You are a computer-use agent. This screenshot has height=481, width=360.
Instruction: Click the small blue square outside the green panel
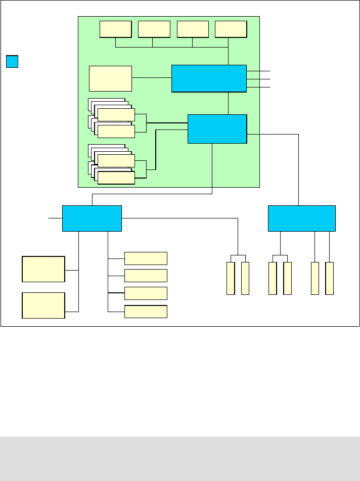12,62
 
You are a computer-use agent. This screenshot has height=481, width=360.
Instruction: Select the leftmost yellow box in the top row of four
115,29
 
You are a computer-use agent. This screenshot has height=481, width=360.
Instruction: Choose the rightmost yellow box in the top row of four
231,29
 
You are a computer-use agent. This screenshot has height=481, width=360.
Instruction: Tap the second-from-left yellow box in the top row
154,29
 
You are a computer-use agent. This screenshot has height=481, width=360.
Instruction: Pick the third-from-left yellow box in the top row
193,29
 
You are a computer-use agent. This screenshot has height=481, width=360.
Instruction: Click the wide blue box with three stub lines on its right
209,78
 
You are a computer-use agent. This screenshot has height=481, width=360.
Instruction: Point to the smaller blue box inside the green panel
217,129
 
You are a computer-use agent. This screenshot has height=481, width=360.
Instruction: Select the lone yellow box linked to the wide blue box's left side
110,78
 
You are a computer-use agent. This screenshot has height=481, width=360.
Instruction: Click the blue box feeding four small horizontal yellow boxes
92,218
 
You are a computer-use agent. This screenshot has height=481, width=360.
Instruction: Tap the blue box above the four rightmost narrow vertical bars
301,218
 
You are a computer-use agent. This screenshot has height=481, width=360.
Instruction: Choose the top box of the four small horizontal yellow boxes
146,258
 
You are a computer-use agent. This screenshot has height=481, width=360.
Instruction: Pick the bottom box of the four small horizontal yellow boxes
146,312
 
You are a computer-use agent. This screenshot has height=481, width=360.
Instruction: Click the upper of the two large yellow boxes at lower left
43,269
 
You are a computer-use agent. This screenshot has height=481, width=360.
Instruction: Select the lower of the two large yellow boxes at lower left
43,305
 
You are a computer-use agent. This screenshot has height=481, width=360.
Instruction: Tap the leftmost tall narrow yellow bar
231,278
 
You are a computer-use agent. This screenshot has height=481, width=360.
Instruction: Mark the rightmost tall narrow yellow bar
330,278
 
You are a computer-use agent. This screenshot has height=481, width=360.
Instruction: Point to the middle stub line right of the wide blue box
259,79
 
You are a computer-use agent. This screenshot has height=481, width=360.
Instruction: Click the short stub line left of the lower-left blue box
55,218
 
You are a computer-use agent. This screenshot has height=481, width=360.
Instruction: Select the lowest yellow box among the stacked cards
116,178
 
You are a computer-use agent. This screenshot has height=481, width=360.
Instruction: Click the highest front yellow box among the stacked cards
116,115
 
